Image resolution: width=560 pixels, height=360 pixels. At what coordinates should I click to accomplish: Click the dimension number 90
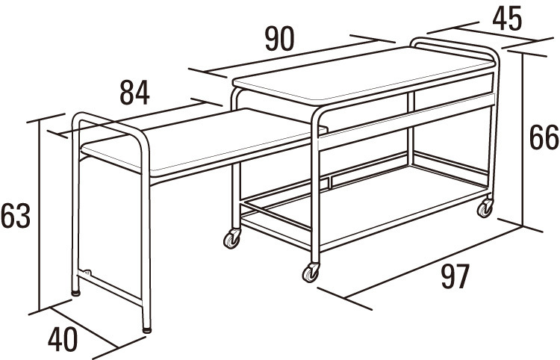pyautogui.click(x=280, y=39)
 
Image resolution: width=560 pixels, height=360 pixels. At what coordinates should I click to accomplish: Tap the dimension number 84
pyautogui.click(x=134, y=93)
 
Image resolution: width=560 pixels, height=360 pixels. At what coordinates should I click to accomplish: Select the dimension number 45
pyautogui.click(x=507, y=19)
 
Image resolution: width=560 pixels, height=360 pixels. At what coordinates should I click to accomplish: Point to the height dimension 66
pyautogui.click(x=544, y=137)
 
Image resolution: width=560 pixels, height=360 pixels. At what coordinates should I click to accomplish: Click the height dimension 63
pyautogui.click(x=16, y=216)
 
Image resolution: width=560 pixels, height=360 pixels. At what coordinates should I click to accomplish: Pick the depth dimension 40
pyautogui.click(x=63, y=340)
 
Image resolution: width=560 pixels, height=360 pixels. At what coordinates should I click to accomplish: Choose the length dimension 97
pyautogui.click(x=455, y=276)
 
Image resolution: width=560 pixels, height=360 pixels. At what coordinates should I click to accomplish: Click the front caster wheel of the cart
pyautogui.click(x=311, y=273)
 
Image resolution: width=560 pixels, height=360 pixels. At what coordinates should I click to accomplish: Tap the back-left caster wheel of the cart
pyautogui.click(x=231, y=238)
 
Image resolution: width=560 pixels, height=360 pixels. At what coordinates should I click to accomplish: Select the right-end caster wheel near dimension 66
pyautogui.click(x=485, y=208)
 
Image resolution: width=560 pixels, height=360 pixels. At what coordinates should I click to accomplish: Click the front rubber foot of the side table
pyautogui.click(x=146, y=330)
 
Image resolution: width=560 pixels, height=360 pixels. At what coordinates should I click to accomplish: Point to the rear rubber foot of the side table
pyautogui.click(x=75, y=293)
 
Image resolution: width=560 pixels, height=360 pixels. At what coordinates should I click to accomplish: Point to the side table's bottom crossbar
pyautogui.click(x=110, y=288)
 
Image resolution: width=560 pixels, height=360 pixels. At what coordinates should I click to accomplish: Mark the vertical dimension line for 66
pyautogui.click(x=522, y=139)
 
